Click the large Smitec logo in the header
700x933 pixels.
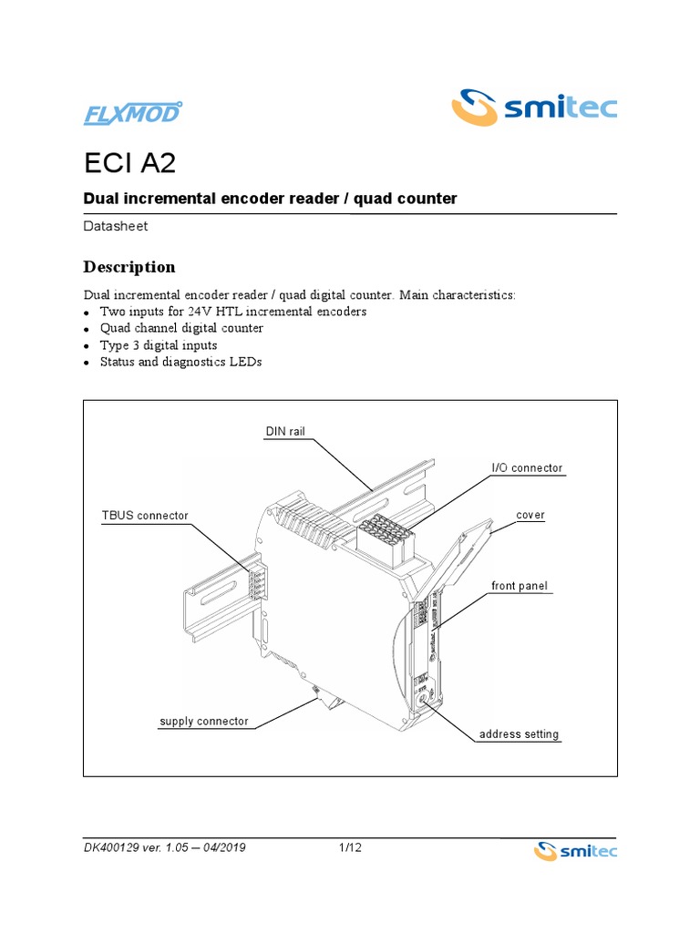click(x=535, y=108)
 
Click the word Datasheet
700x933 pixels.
click(x=116, y=226)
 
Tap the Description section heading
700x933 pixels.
click(x=129, y=267)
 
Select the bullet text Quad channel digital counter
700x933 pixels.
click(x=181, y=328)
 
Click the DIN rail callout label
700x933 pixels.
click(x=284, y=431)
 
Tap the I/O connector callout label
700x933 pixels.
click(x=527, y=468)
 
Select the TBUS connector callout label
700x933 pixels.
click(x=145, y=516)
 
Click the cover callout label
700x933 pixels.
click(x=530, y=515)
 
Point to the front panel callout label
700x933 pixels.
click(x=520, y=586)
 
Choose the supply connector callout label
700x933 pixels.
click(x=203, y=721)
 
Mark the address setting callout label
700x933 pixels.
click(x=520, y=733)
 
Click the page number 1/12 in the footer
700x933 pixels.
click(x=350, y=848)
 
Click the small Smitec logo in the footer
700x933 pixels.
click(x=574, y=851)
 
